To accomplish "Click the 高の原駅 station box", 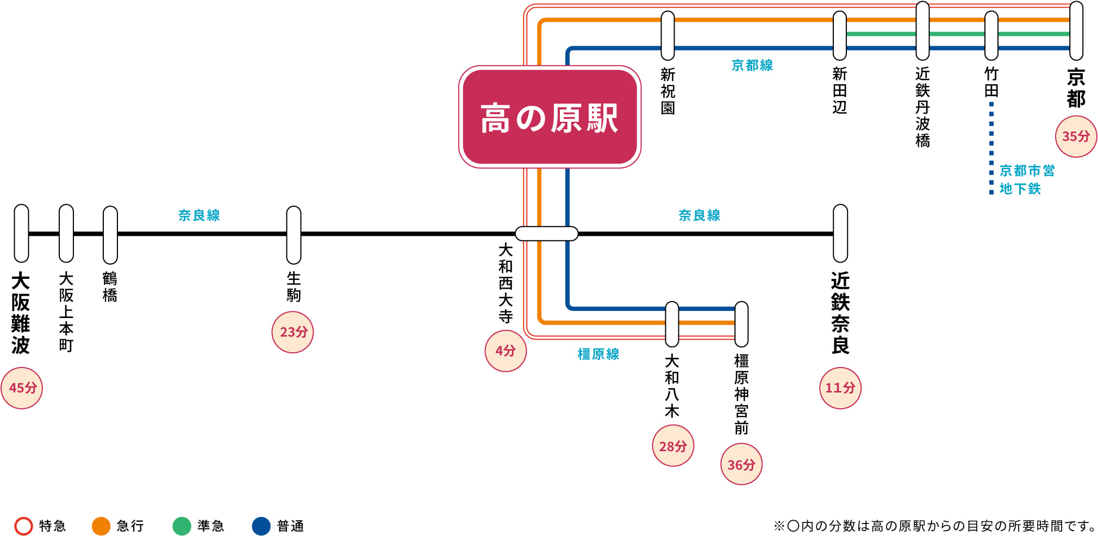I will click(x=550, y=117).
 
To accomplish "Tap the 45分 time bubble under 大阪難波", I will click(x=22, y=388).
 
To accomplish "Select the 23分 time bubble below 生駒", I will click(x=293, y=332).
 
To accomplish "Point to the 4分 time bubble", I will click(x=506, y=351).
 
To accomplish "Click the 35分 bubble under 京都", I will click(x=1076, y=136).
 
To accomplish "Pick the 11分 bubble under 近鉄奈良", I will click(x=840, y=388).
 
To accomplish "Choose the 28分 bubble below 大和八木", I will click(x=673, y=446).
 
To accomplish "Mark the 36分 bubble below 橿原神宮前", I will click(x=741, y=465).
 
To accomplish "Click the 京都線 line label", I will click(x=752, y=66).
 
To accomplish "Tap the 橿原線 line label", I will click(x=598, y=354).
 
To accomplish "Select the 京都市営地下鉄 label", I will click(x=1027, y=179).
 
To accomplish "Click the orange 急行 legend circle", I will click(x=101, y=526).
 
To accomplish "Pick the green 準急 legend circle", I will click(x=182, y=526).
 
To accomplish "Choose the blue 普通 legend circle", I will click(x=261, y=526).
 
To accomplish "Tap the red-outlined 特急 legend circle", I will click(x=23, y=526).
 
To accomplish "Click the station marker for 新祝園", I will click(x=667, y=35).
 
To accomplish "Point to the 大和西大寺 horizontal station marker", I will click(x=546, y=234).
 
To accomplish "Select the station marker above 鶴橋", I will click(x=110, y=235).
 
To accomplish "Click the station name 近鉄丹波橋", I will click(x=922, y=107).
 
